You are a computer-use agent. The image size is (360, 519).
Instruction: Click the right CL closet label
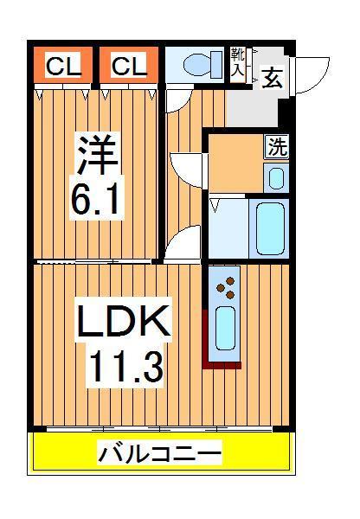pos(127,65)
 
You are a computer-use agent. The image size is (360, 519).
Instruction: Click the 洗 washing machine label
pos(276,146)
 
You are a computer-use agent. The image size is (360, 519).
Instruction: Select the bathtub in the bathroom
pos(270,227)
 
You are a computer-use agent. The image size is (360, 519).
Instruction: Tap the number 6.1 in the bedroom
pos(97,200)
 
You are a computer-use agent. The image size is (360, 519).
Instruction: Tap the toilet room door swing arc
pos(175,100)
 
